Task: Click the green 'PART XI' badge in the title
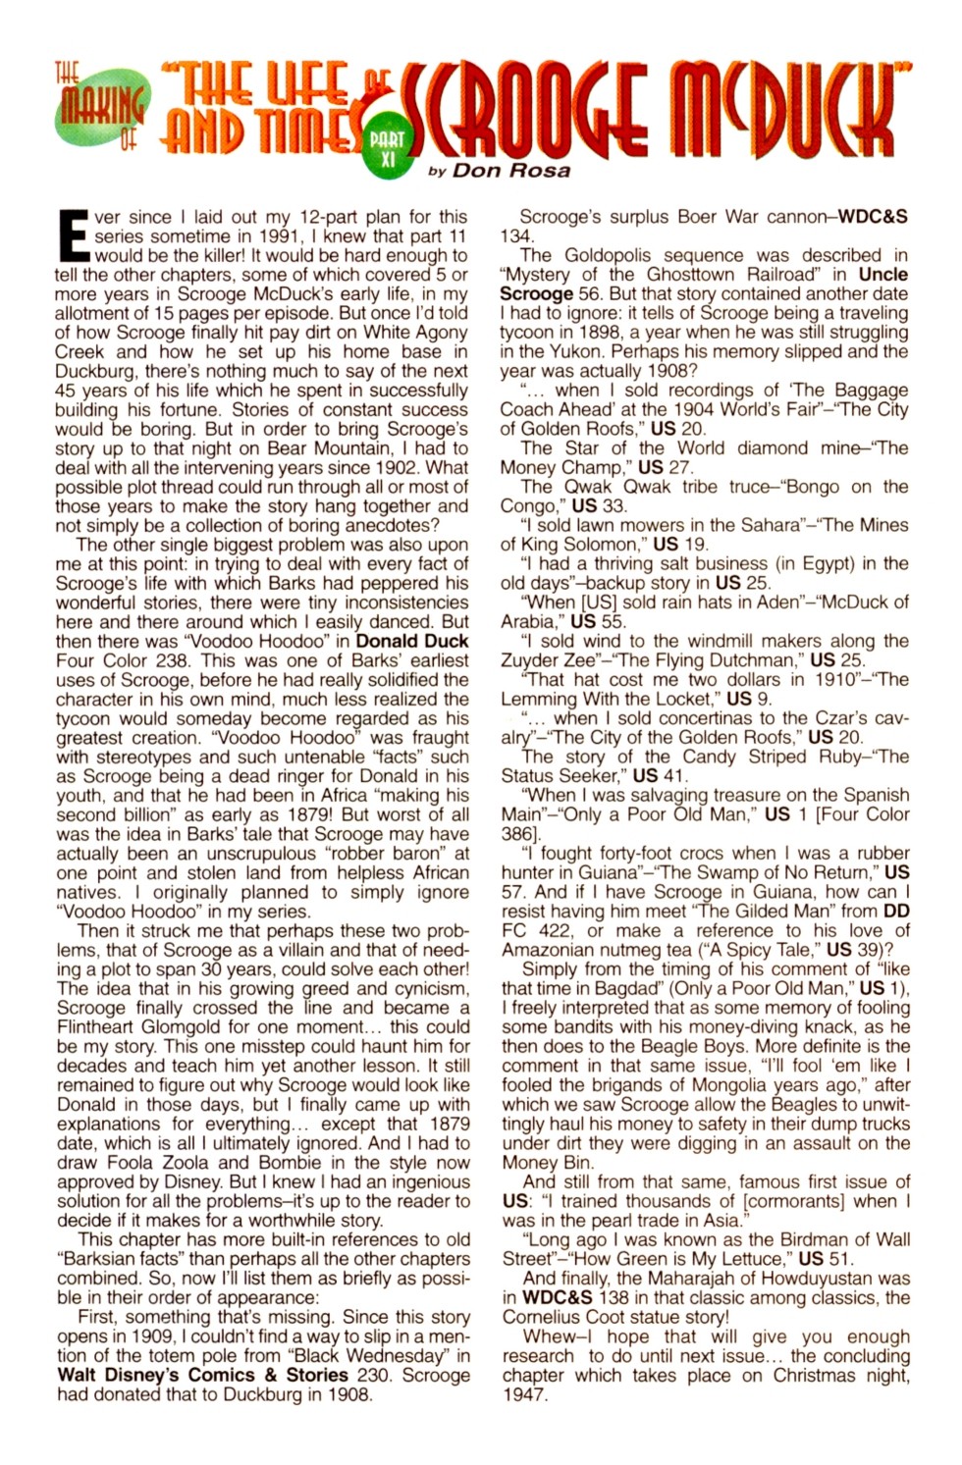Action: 387,148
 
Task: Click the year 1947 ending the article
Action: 523,1394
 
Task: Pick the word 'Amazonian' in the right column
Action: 545,950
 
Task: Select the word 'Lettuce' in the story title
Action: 752,1259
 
